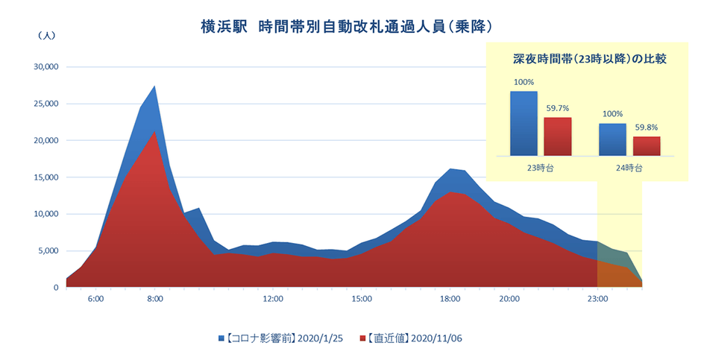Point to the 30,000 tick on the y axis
point(46,67)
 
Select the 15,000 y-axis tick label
point(46,177)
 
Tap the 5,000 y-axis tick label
point(49,251)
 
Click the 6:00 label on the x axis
point(95,299)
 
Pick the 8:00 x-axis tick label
point(154,299)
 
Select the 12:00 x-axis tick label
point(273,299)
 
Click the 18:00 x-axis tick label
point(450,299)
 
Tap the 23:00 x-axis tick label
point(597,299)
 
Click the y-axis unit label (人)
point(45,35)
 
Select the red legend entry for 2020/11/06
point(415,338)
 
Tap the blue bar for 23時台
point(524,123)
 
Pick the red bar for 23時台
point(557,136)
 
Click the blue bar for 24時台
point(613,139)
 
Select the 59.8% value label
point(647,127)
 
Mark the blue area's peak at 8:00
point(154,86)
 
